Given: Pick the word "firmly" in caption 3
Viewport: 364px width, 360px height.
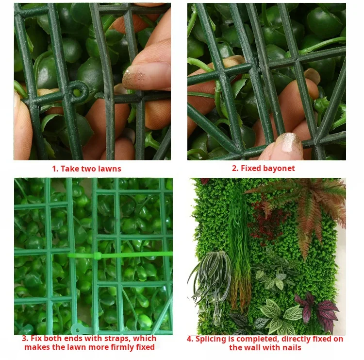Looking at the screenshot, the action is pos(122,347).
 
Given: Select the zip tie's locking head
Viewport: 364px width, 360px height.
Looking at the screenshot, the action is pos(97,256).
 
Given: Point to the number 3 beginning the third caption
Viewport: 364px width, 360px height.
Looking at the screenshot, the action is pos(25,339).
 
